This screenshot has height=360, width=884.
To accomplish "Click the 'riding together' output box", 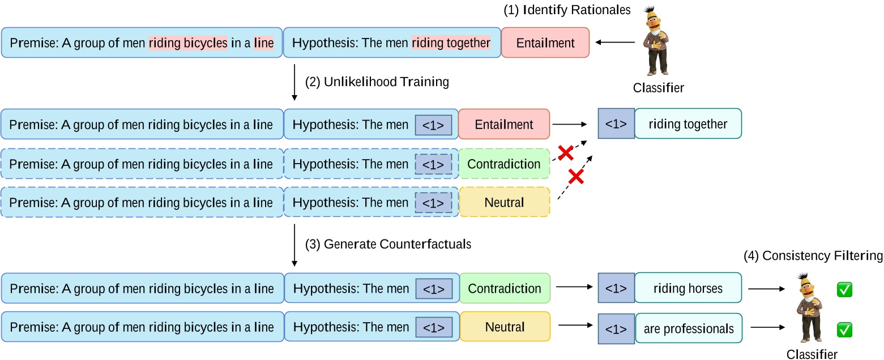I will [x=687, y=124].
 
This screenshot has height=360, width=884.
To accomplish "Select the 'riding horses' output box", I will [x=687, y=288].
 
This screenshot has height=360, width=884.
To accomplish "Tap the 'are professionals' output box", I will [x=688, y=328].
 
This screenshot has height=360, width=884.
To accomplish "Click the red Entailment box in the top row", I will [x=545, y=42].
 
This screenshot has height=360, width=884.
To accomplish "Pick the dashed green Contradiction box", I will [x=504, y=164].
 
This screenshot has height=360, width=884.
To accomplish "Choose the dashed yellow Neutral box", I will [x=504, y=202].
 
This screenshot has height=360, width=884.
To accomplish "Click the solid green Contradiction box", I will [x=504, y=288].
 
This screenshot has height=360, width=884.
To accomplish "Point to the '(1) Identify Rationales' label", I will [x=567, y=10].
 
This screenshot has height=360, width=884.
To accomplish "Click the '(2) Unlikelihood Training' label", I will [x=377, y=82].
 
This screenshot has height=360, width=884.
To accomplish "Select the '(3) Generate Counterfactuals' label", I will [x=388, y=245].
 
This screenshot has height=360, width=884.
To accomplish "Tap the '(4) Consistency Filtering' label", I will [x=813, y=256].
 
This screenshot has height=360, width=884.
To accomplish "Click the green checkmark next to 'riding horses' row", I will [x=844, y=290].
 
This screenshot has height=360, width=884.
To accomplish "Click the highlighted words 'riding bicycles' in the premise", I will [x=188, y=42].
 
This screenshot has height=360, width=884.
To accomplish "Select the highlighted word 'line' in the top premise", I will [x=263, y=42].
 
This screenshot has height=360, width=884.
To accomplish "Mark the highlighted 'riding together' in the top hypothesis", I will [x=451, y=42].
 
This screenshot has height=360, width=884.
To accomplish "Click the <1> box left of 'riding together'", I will [x=616, y=124].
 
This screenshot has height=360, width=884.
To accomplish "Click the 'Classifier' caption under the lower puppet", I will [x=812, y=354].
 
